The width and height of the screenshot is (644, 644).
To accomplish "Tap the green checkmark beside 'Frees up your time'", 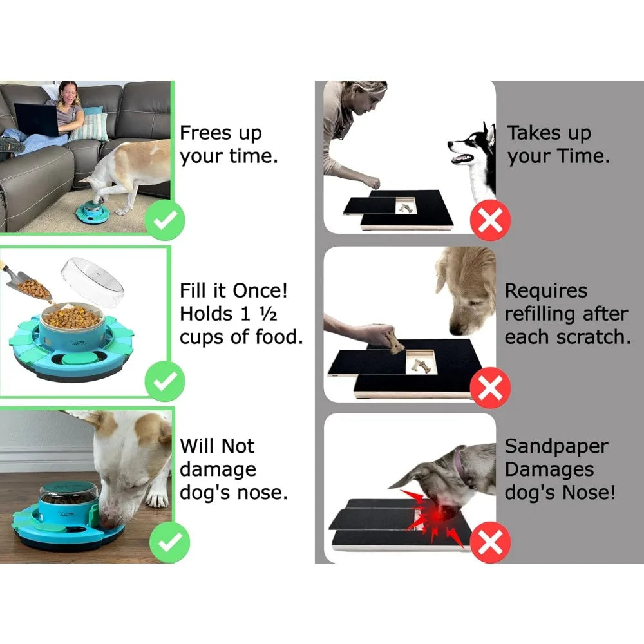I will (165, 221).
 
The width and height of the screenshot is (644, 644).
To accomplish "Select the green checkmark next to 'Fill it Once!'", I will (165, 381).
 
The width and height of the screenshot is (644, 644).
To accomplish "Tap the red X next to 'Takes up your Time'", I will (491, 221).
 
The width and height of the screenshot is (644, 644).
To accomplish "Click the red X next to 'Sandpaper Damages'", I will (491, 543).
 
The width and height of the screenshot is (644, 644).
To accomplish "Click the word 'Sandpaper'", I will (556, 446).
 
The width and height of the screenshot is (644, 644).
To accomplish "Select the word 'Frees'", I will (205, 133).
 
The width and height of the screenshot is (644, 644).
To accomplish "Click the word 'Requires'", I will (545, 291).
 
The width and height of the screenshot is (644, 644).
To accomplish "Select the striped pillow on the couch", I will (90, 126).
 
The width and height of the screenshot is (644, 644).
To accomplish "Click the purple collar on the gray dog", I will (459, 462).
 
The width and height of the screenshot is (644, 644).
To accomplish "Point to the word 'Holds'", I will (206, 314).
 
